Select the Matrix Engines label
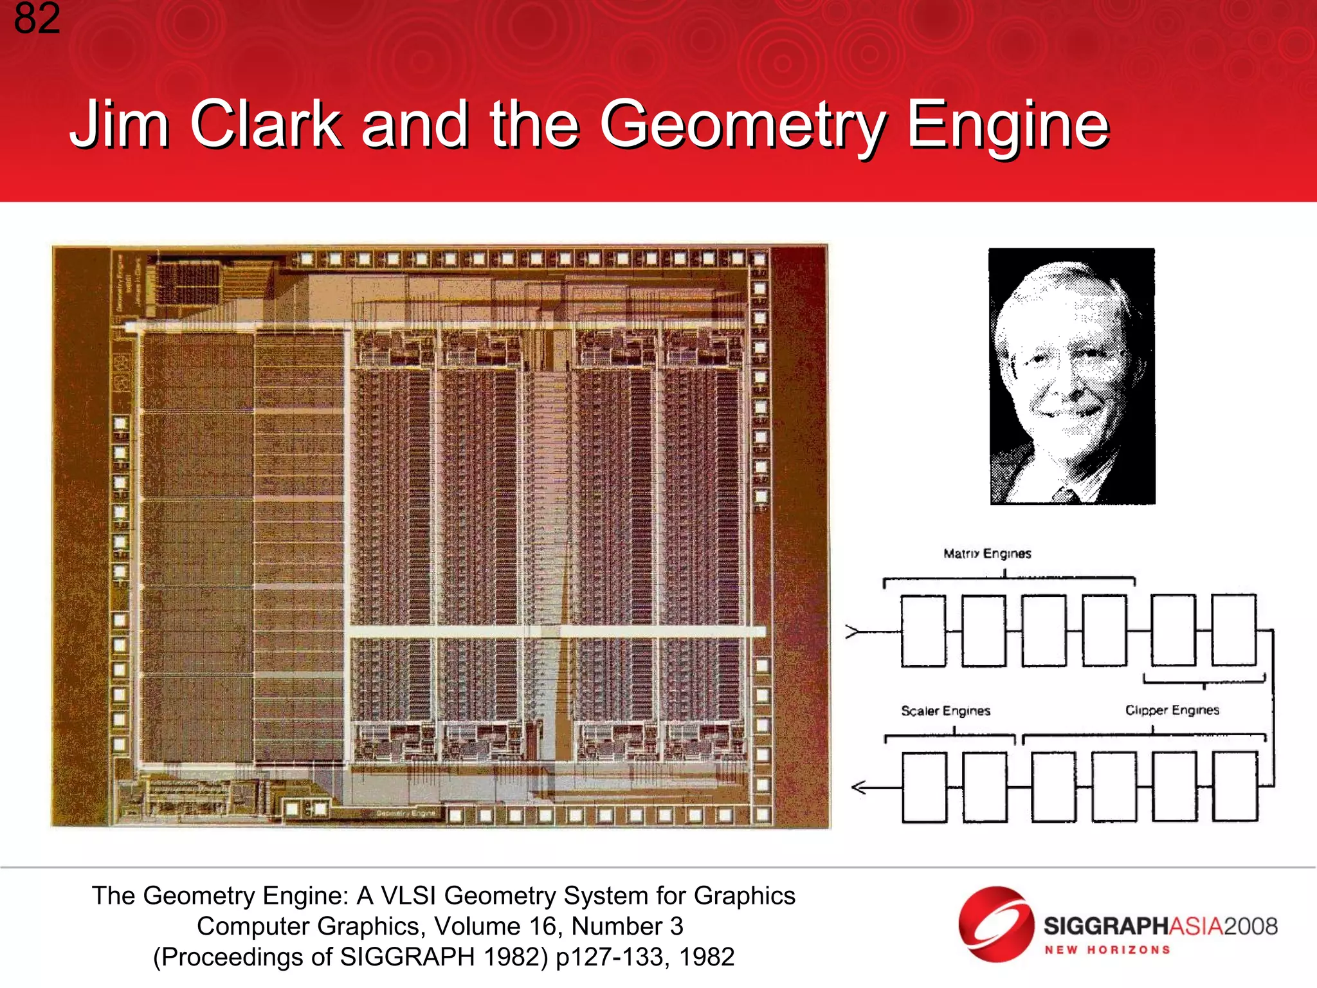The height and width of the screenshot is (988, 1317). tap(987, 554)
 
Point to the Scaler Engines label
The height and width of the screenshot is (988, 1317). tap(945, 711)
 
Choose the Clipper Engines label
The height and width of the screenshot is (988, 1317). tap(1172, 710)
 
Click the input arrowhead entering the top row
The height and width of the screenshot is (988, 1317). tap(853, 632)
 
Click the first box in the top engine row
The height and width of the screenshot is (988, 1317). tap(923, 630)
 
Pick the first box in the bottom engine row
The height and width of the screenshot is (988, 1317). tap(925, 787)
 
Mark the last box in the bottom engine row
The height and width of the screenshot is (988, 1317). tap(1235, 787)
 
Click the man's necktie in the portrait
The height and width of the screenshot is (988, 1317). tap(1067, 495)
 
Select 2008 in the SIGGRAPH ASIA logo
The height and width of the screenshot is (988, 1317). tap(1250, 926)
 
